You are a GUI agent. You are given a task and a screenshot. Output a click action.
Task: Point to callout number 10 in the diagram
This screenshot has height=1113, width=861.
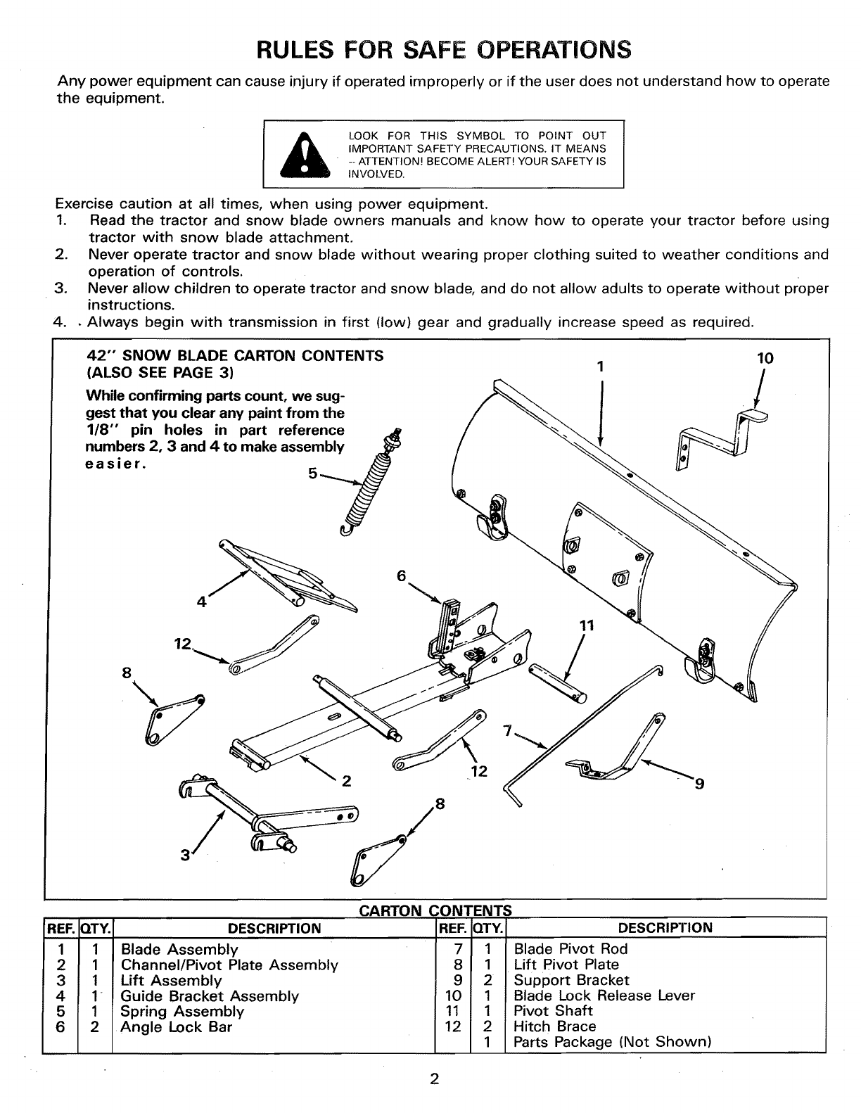[x=765, y=358]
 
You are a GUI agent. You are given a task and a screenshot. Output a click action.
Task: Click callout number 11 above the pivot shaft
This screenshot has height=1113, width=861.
[x=587, y=625]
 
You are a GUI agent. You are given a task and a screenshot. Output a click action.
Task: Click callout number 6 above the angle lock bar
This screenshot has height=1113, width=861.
[x=402, y=575]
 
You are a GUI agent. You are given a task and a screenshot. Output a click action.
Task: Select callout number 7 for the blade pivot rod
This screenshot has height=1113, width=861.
[x=508, y=730]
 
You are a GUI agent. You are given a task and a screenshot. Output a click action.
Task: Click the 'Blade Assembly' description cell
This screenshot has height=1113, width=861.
[x=179, y=949]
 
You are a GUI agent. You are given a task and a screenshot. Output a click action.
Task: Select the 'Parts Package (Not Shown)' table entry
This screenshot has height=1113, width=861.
[x=612, y=1042]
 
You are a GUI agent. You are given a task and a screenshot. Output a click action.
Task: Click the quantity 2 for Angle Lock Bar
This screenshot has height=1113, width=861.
[x=95, y=1026]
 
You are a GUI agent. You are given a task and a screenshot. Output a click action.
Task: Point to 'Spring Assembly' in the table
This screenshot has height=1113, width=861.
[x=182, y=1011]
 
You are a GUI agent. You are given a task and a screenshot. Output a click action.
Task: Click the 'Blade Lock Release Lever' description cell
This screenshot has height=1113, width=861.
[x=604, y=996]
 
